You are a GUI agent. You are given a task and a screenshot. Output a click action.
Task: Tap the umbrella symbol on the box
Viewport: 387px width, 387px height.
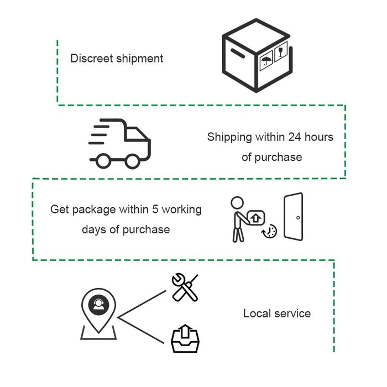coord(266,62)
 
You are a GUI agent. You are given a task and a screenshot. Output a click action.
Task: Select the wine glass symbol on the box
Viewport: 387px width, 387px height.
coord(281,53)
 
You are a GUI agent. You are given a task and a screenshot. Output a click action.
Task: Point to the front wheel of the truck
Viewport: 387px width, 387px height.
coord(132,161)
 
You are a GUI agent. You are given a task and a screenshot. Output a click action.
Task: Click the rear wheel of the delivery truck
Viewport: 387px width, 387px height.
coord(103,161)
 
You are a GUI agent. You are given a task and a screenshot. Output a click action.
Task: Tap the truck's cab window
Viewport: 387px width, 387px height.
coord(135,134)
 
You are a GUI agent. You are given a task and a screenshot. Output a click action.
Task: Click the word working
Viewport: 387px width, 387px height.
coord(182,210)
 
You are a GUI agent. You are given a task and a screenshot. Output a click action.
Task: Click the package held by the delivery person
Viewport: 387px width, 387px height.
coord(255,218)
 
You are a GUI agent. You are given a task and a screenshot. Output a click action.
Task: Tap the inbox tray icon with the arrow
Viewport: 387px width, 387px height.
coord(184,339)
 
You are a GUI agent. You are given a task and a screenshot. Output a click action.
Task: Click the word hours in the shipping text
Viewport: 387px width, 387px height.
coord(321,137)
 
